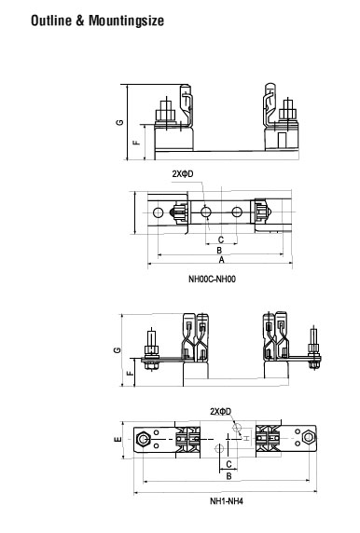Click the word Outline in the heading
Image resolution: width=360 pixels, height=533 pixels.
51,20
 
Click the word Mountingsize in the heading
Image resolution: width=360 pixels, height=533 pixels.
126,21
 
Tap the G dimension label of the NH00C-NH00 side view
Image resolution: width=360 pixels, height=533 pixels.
119,122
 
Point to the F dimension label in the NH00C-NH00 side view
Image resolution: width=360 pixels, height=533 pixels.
136,141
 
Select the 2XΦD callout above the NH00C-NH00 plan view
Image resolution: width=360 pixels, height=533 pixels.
183,174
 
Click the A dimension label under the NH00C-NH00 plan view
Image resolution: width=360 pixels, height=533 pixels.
222,260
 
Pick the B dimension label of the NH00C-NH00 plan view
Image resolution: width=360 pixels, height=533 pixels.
219,251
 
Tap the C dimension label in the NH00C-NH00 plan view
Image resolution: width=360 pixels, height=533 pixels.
221,239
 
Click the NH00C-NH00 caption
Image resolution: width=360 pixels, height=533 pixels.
212,279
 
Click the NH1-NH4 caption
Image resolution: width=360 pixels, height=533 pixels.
227,501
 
